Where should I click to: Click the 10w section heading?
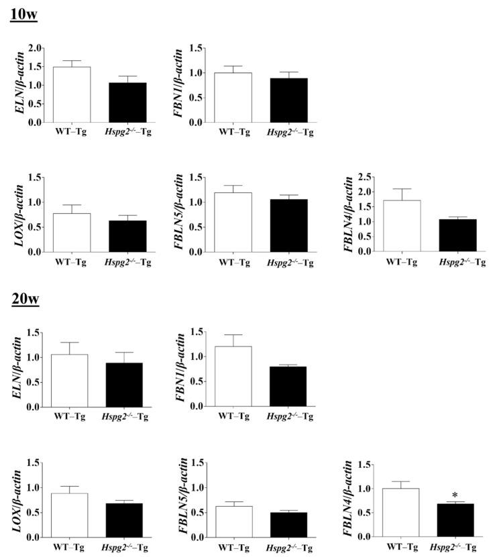23,13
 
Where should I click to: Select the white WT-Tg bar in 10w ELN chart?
72,95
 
